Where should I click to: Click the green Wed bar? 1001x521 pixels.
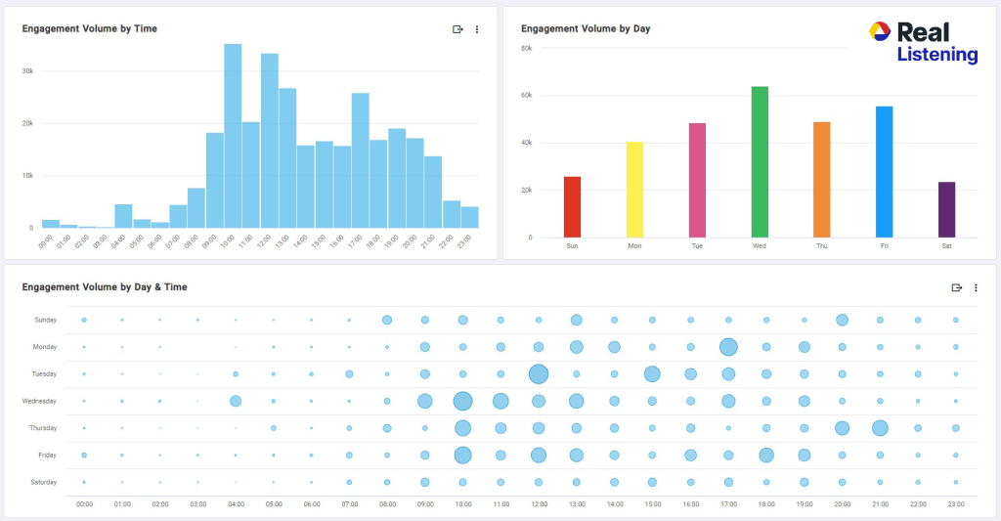click(x=760, y=162)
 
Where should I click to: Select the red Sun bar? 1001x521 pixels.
click(x=572, y=207)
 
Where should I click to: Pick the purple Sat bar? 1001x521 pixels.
click(x=946, y=209)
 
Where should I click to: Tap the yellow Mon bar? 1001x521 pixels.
click(x=634, y=190)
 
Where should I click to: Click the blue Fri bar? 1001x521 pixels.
click(x=884, y=172)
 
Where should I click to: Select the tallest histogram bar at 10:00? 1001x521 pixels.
click(x=233, y=137)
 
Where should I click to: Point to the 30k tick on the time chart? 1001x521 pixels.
click(x=27, y=71)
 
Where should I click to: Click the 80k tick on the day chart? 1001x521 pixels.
click(x=526, y=48)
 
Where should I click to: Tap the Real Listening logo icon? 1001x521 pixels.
click(x=879, y=32)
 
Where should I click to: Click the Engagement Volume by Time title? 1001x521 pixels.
click(x=89, y=29)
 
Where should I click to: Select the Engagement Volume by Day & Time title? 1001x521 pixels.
click(x=105, y=287)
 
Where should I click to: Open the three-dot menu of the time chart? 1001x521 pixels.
click(x=477, y=29)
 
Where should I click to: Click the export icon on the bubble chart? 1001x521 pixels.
click(x=957, y=287)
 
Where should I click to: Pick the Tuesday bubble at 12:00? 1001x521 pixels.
click(x=538, y=373)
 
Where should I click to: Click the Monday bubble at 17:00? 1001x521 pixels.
click(x=728, y=346)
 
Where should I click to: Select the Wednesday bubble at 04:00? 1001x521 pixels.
click(x=236, y=401)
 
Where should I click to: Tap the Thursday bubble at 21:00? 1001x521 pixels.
click(x=880, y=427)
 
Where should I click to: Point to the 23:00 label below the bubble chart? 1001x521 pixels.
click(x=955, y=503)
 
